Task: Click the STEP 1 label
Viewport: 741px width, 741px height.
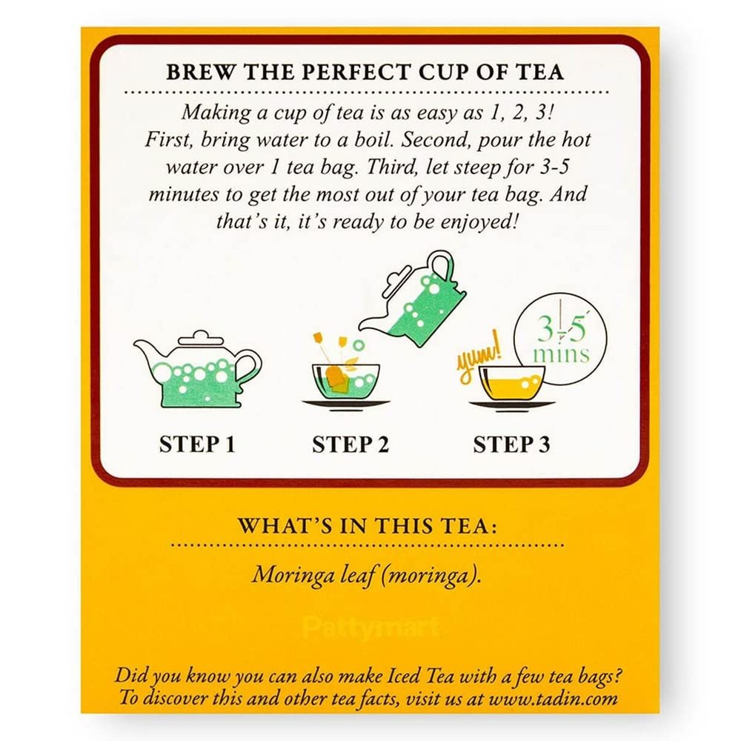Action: point(197,444)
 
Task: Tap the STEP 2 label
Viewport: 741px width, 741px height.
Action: point(350,444)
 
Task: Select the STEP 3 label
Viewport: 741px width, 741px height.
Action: point(512,444)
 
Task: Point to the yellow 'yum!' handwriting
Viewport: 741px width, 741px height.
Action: point(478,357)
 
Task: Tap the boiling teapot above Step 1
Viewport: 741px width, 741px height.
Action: point(197,369)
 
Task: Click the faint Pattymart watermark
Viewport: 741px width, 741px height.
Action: point(371,628)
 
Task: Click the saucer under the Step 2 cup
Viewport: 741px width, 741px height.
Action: point(345,405)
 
